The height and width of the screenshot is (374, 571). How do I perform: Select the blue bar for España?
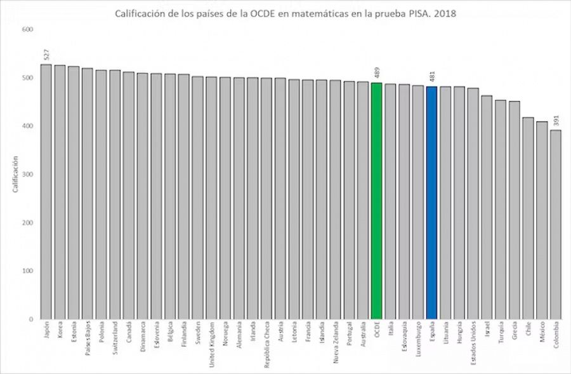[431, 203]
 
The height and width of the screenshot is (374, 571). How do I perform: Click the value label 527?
[47, 55]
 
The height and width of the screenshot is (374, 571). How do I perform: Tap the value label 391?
[556, 121]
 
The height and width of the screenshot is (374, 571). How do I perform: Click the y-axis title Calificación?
[13, 175]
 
